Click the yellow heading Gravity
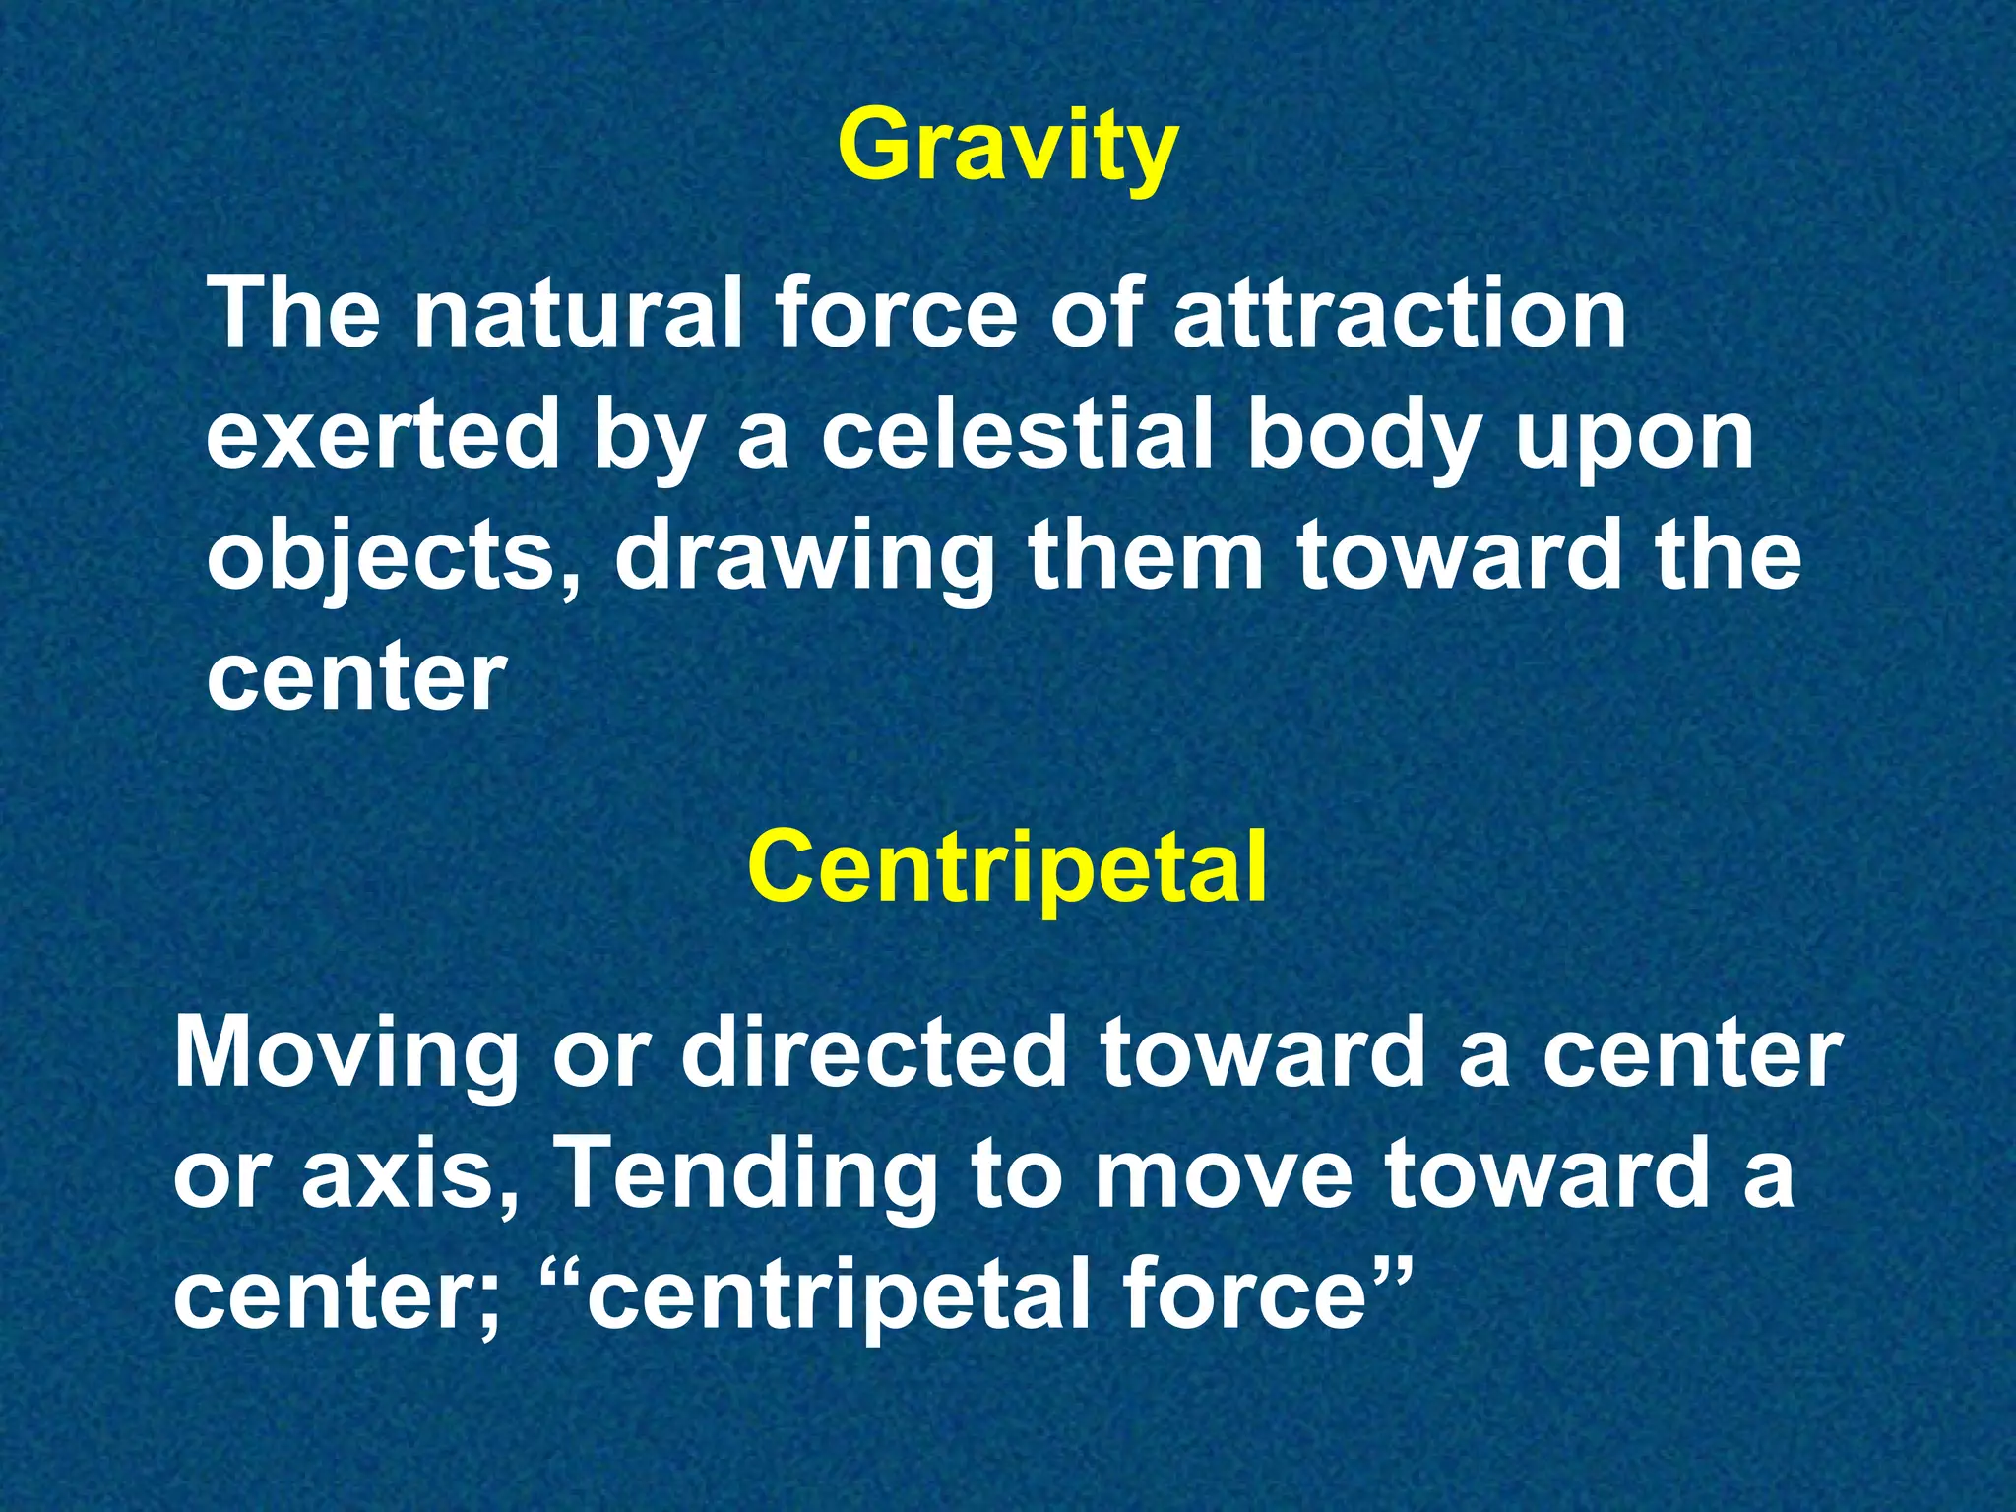tap(1007, 148)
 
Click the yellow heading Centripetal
tap(1007, 866)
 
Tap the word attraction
tap(1399, 313)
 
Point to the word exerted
tap(383, 436)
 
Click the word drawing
tap(804, 559)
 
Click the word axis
tap(407, 1176)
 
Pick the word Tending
tap(745, 1176)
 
